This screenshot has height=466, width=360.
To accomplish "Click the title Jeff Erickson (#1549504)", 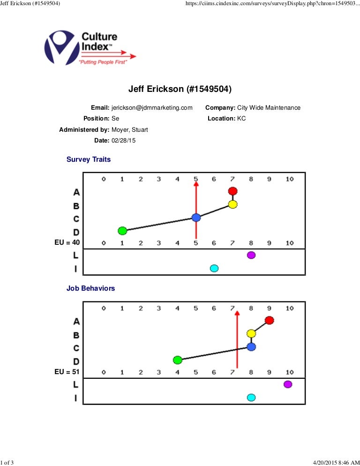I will [180, 89].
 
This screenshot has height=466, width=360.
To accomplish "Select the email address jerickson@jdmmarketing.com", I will [152, 108].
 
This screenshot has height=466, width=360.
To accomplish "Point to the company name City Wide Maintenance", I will [269, 108].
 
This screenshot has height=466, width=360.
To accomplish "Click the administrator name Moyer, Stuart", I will [130, 130].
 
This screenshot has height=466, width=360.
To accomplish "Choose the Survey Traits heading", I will [89, 159].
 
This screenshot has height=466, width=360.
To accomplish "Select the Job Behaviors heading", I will [90, 289].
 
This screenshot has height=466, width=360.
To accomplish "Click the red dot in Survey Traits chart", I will [233, 191].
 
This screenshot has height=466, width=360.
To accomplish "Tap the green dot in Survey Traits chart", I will [122, 231].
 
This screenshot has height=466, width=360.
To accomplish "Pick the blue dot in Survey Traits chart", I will [196, 218].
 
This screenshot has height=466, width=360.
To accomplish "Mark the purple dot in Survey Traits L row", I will [251, 255].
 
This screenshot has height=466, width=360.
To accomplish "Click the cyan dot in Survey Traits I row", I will [214, 268].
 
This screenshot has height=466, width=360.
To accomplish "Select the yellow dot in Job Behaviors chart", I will [251, 334].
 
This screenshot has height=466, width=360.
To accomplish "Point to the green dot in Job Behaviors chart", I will [178, 360].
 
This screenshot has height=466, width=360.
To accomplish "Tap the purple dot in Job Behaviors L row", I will [288, 384].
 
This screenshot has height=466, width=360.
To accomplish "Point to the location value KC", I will [241, 119].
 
